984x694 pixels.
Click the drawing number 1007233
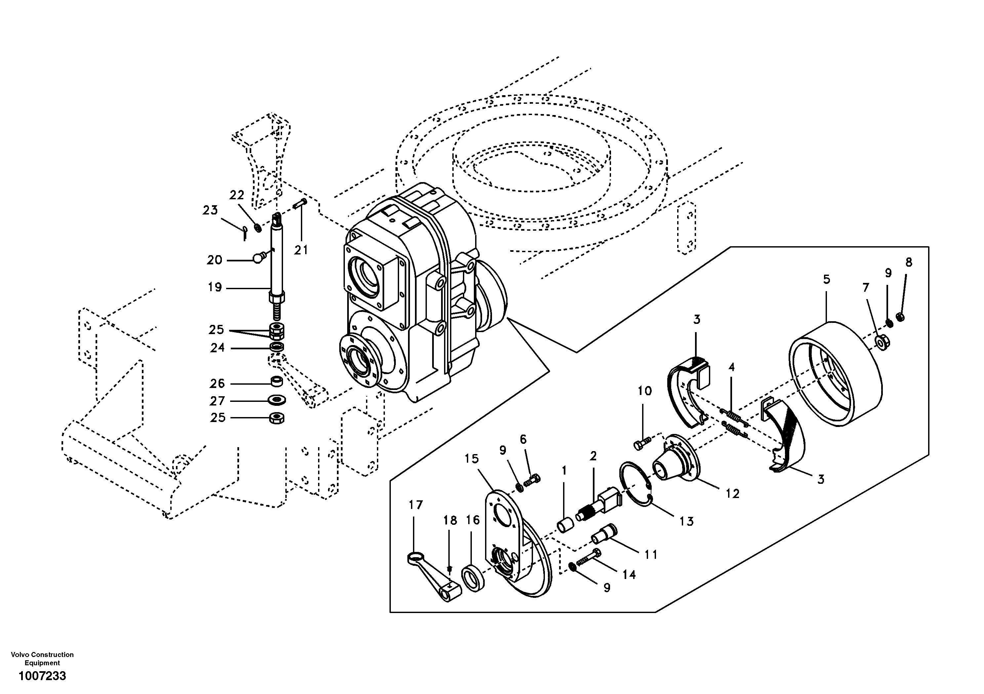42,676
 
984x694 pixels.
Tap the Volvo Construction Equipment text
42,658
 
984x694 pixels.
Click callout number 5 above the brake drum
826,279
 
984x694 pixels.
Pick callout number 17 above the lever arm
415,505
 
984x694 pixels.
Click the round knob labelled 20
258,258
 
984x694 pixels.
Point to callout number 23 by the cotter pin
210,210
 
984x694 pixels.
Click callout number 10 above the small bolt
644,391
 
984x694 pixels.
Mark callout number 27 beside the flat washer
217,401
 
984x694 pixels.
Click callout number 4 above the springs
732,367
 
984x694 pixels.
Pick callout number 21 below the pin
301,250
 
